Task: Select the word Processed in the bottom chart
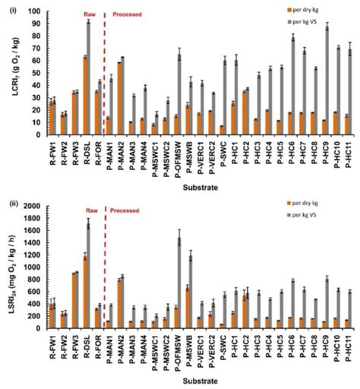pyautogui.click(x=126, y=210)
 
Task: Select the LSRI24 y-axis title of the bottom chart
pyautogui.click(x=9, y=266)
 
